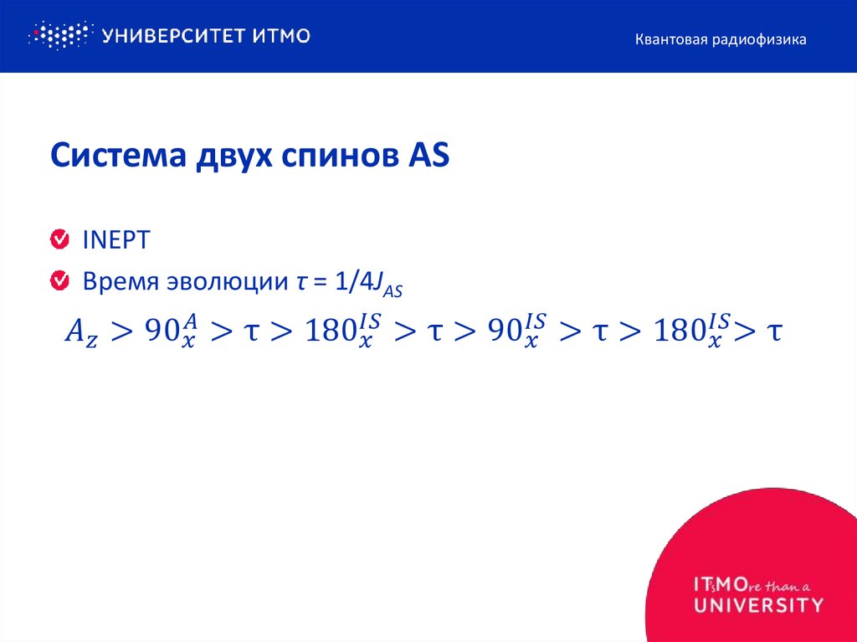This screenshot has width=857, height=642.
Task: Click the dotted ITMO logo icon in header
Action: [59, 35]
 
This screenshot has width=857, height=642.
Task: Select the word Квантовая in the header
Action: [667, 39]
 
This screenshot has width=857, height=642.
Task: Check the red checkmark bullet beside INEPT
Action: [59, 240]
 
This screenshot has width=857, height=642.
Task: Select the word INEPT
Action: [115, 240]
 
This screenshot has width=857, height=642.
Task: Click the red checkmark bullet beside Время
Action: [59, 281]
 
